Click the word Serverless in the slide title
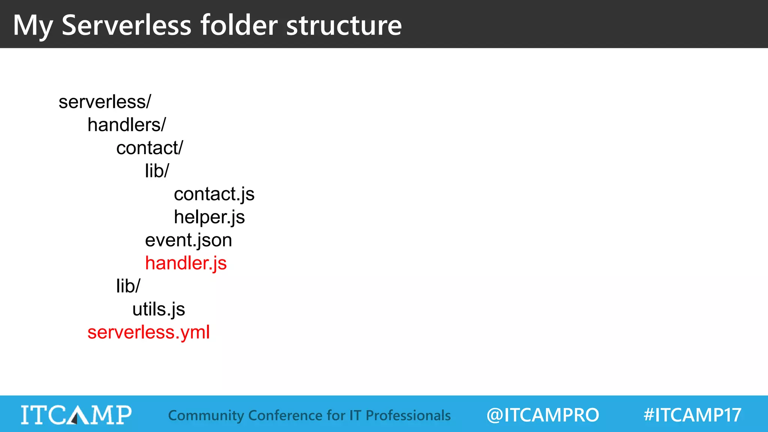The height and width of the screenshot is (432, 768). pyautogui.click(x=126, y=25)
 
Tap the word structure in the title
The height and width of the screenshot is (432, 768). pyautogui.click(x=344, y=25)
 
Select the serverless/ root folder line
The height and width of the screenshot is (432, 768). pyautogui.click(x=105, y=102)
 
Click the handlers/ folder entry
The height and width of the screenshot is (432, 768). pyautogui.click(x=126, y=125)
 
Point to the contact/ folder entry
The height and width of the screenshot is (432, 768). pyautogui.click(x=150, y=148)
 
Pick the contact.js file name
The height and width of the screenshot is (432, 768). pyautogui.click(x=214, y=194)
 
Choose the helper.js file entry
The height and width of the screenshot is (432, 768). pyautogui.click(x=209, y=217)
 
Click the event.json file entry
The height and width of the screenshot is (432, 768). pyautogui.click(x=188, y=240)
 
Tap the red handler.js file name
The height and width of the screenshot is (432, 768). pyautogui.click(x=186, y=263)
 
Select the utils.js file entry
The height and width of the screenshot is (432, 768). pyautogui.click(x=159, y=309)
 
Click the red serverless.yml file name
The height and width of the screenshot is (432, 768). pyautogui.click(x=148, y=332)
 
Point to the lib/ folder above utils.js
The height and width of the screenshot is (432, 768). pyautogui.click(x=128, y=286)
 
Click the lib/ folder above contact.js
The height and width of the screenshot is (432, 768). pyautogui.click(x=157, y=171)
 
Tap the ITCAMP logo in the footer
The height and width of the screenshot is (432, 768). pyautogui.click(x=76, y=415)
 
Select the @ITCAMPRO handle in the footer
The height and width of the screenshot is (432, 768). pyautogui.click(x=543, y=415)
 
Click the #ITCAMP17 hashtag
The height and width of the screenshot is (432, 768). pyautogui.click(x=692, y=415)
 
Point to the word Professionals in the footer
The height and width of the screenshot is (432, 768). pyautogui.click(x=408, y=415)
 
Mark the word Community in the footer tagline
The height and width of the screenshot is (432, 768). pyautogui.click(x=206, y=415)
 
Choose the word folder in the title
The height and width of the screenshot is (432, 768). pyautogui.click(x=239, y=25)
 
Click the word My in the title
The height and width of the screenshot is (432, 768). pyautogui.click(x=33, y=25)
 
